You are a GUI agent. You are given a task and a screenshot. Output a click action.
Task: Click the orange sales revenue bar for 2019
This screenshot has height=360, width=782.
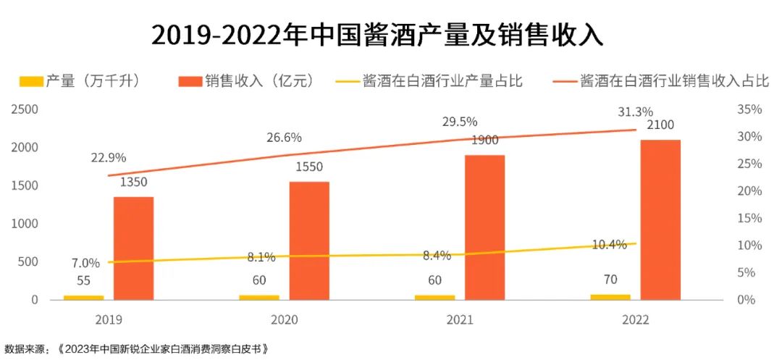(133, 248)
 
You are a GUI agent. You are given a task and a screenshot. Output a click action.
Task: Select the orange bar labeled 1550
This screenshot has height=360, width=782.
(309, 240)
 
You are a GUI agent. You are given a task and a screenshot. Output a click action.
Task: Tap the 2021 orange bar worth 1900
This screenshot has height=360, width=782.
(484, 227)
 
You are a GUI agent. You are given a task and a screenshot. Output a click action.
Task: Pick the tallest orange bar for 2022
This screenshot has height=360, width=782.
(660, 219)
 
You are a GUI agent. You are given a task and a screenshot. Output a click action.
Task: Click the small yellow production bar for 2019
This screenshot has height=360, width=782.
(83, 297)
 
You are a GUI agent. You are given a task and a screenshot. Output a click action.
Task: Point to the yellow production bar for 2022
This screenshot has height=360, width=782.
(610, 296)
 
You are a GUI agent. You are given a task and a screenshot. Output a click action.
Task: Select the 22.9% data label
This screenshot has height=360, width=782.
(109, 157)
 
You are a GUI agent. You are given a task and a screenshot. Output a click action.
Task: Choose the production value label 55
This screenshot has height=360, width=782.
(83, 281)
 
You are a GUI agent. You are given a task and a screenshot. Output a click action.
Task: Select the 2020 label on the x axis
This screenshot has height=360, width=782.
(284, 319)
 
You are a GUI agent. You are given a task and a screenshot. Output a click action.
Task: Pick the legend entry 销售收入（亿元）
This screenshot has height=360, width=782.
(246, 81)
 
